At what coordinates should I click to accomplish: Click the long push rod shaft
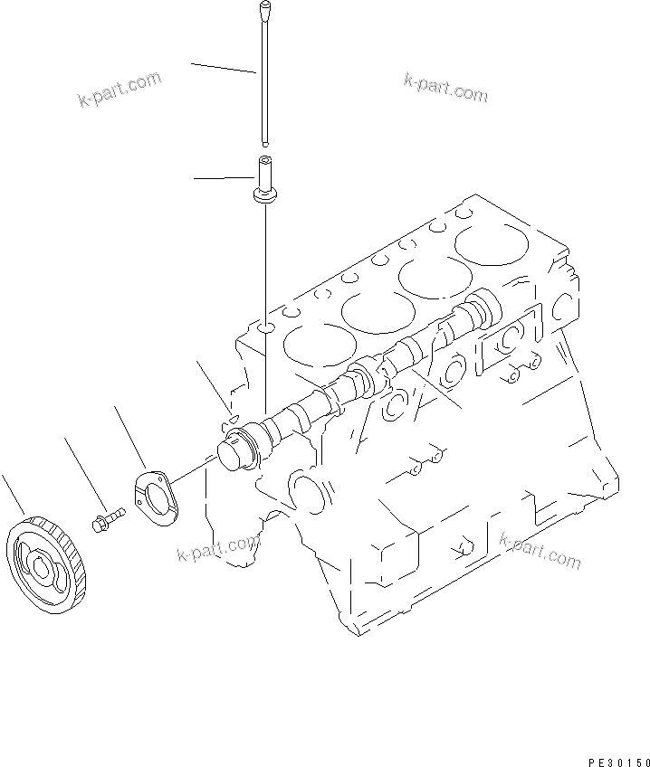tap(263, 81)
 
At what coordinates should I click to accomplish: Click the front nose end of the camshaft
tap(234, 450)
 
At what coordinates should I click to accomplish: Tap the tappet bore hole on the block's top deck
tap(263, 326)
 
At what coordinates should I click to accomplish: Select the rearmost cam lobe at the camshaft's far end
tap(481, 312)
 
